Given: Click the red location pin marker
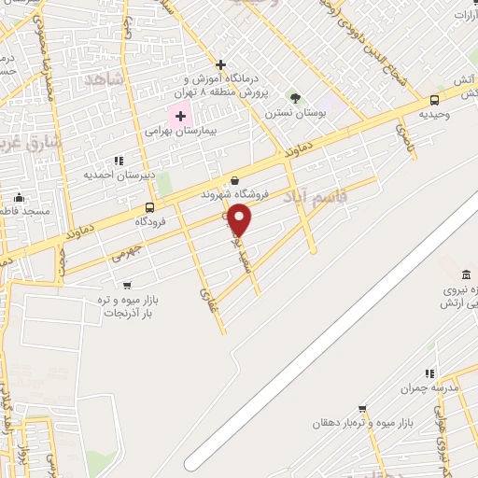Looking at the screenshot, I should [241, 220].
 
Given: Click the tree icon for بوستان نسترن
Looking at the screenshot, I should [295, 97].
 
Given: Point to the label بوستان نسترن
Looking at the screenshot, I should [286, 112].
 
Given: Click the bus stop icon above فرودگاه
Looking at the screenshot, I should [149, 207].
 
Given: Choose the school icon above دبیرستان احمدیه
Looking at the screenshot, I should [119, 161].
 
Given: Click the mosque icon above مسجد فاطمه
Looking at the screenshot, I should [19, 198].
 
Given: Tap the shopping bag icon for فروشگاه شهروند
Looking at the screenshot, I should [233, 181].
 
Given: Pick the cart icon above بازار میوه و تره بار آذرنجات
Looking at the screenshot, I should [127, 285].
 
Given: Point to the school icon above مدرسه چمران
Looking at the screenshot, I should [430, 373].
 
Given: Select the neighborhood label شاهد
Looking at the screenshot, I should [104, 79].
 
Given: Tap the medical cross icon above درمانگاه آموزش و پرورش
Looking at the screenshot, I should [220, 64].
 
